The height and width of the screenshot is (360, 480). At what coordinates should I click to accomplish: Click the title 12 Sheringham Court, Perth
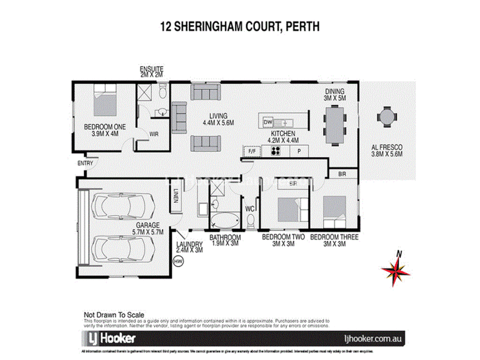point(239,26)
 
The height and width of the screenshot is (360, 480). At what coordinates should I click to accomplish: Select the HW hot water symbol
point(177,261)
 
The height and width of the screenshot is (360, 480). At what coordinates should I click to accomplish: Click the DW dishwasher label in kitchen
point(268,122)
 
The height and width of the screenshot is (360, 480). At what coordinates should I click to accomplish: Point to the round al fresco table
point(386,116)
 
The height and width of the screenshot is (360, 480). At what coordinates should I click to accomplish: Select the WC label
point(251,208)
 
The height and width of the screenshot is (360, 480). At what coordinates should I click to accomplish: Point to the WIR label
point(153,134)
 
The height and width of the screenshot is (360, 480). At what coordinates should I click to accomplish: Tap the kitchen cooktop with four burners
point(277,151)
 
